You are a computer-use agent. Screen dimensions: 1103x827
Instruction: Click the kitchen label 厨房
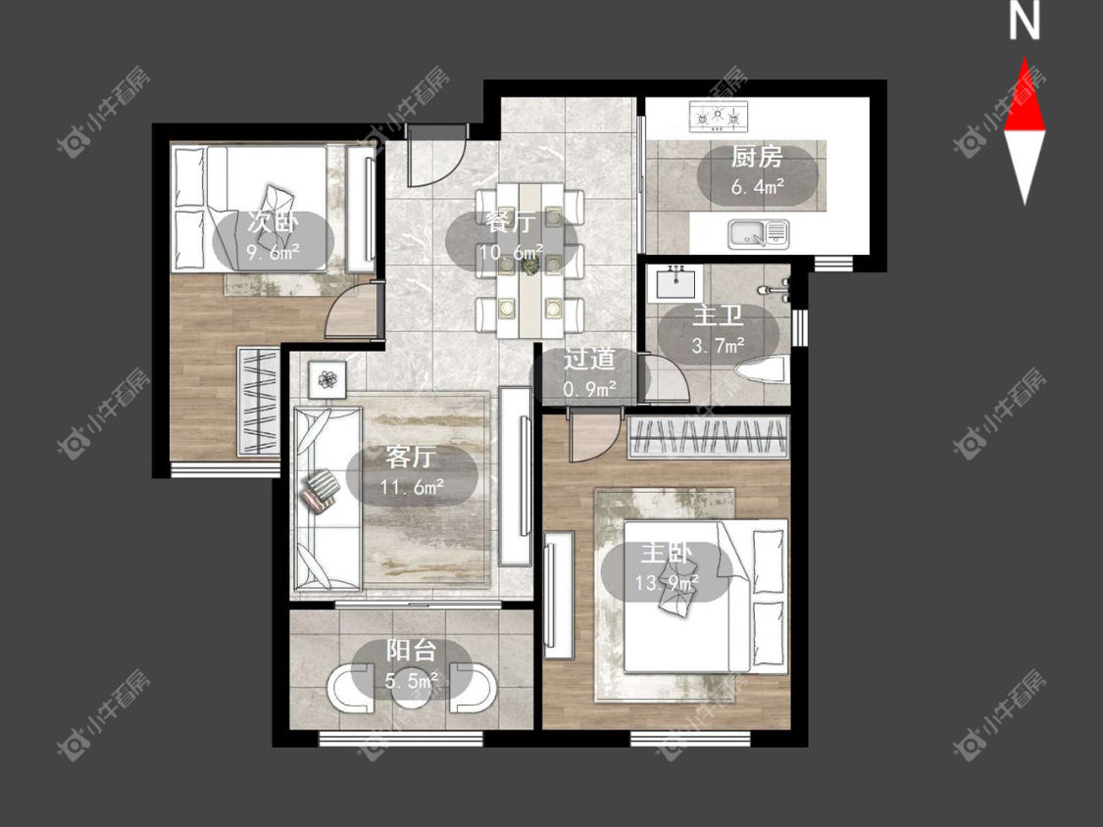757,157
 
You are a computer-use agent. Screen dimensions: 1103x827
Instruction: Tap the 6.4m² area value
758,187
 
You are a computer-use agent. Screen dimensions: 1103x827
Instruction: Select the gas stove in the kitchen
719,117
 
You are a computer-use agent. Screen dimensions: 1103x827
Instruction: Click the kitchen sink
758,233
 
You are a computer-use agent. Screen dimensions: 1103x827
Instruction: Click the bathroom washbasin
677,283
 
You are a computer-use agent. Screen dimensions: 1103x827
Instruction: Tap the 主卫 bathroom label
718,316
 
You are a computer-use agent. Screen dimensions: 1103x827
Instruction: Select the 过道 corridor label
589,359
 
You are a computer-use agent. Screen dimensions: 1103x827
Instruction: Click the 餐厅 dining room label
511,222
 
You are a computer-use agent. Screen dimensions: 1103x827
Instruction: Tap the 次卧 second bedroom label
273,222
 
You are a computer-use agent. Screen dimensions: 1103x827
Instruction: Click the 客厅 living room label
412,457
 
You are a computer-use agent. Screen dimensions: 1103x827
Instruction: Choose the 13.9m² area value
667,583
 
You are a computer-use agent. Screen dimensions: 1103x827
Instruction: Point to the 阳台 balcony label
412,650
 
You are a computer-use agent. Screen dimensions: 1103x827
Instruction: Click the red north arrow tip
1025,58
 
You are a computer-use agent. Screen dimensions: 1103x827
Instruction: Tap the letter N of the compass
1025,22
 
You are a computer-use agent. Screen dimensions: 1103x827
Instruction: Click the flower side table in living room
327,380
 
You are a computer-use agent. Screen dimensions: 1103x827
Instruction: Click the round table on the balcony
412,692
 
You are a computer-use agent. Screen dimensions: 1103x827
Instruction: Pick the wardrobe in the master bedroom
708,437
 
